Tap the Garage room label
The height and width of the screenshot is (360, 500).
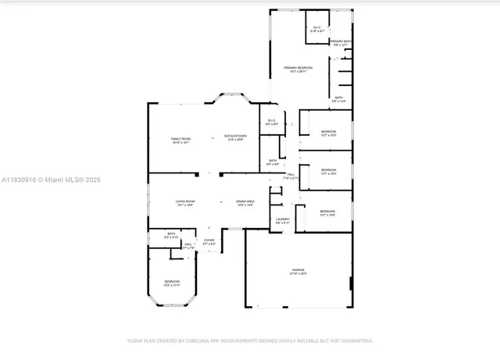(x=298, y=270)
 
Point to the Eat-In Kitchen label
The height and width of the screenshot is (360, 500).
(x=234, y=138)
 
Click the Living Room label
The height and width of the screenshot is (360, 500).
(x=185, y=202)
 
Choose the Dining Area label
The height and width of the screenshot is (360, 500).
(x=245, y=202)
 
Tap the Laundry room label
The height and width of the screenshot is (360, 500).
(x=283, y=220)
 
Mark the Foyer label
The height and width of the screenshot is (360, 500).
(x=209, y=241)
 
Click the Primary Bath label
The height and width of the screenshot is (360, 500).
(x=341, y=42)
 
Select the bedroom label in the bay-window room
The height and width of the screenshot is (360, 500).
(x=172, y=282)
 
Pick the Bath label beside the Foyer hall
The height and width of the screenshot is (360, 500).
(x=171, y=234)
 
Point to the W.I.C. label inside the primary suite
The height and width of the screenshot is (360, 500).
(x=316, y=29)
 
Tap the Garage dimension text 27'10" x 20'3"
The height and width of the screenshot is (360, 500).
(x=298, y=274)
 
